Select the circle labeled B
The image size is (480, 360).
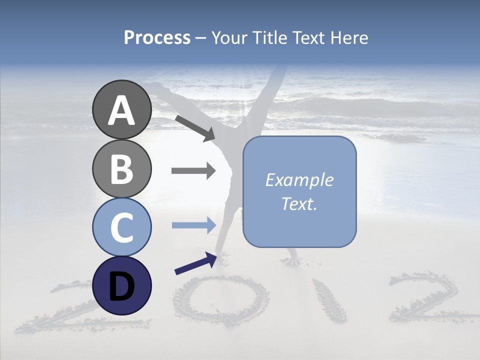(121, 168)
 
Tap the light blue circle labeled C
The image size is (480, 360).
(121, 227)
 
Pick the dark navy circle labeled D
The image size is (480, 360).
(121, 285)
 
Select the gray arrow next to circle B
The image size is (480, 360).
(193, 171)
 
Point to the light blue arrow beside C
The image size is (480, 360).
(193, 225)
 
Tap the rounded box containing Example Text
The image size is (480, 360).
(299, 192)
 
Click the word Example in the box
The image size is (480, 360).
(299, 180)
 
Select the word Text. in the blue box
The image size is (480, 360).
(299, 203)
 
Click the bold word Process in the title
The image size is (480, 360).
(157, 38)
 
